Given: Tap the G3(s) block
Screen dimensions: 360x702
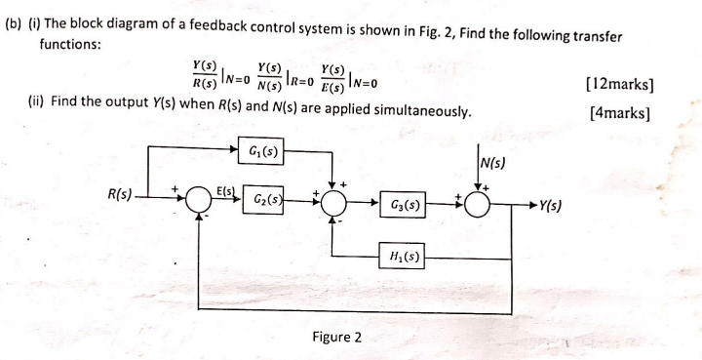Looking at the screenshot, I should [404, 206].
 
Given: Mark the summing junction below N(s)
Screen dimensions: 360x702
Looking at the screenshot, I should [478, 205].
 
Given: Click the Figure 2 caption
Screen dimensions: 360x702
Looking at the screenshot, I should [336, 337].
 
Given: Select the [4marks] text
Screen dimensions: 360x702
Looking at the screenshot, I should [622, 111].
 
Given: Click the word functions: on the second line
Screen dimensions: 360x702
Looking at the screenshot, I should [71, 45].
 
